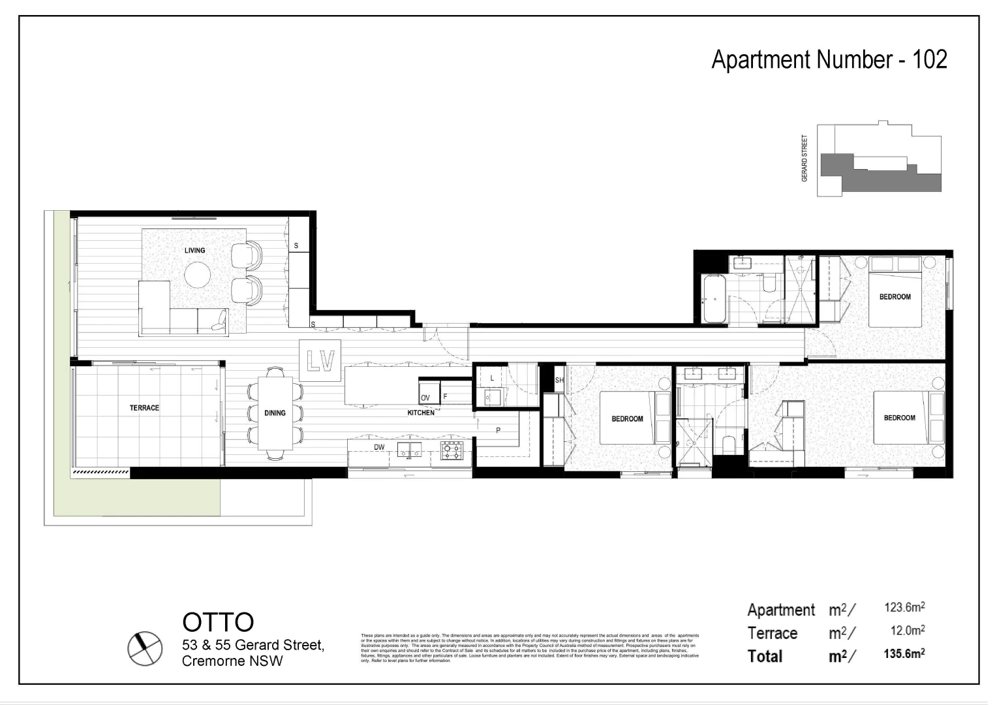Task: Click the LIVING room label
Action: [194, 250]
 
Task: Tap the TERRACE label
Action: [144, 408]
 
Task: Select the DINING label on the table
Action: [275, 413]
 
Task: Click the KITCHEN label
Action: [421, 413]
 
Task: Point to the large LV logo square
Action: [320, 361]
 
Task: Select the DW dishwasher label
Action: [379, 447]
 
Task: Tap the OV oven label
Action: [425, 398]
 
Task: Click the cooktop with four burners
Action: [452, 450]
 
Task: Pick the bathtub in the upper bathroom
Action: [714, 298]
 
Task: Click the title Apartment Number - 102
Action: [829, 59]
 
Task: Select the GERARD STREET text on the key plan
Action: [805, 158]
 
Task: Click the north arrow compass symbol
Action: [144, 648]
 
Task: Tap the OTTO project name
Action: [218, 622]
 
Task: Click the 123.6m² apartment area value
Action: [904, 607]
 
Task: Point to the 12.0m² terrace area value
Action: [908, 631]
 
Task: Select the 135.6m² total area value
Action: [904, 653]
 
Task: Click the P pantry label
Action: [498, 430]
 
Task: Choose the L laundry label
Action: [492, 378]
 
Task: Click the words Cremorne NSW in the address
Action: [232, 661]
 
